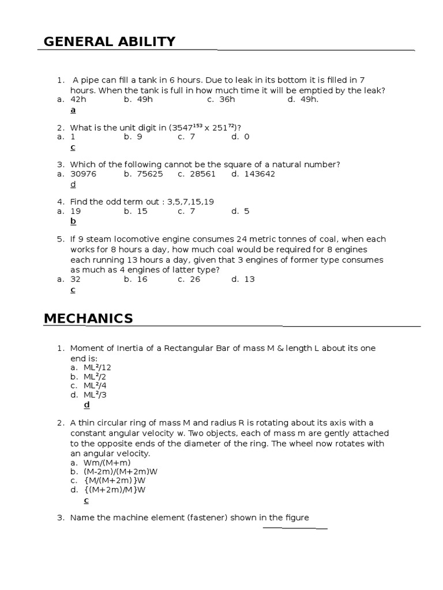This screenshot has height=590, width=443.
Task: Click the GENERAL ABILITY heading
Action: [110, 41]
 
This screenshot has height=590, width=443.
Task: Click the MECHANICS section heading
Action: [88, 319]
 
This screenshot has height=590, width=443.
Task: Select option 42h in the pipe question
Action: [78, 100]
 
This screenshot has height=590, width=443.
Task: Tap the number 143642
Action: [259, 174]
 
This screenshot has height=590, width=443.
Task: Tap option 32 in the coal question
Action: [76, 279]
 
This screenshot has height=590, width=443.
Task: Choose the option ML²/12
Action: [97, 367]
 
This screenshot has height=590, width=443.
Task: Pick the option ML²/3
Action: [95, 395]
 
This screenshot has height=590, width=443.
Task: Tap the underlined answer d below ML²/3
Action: [87, 404]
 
